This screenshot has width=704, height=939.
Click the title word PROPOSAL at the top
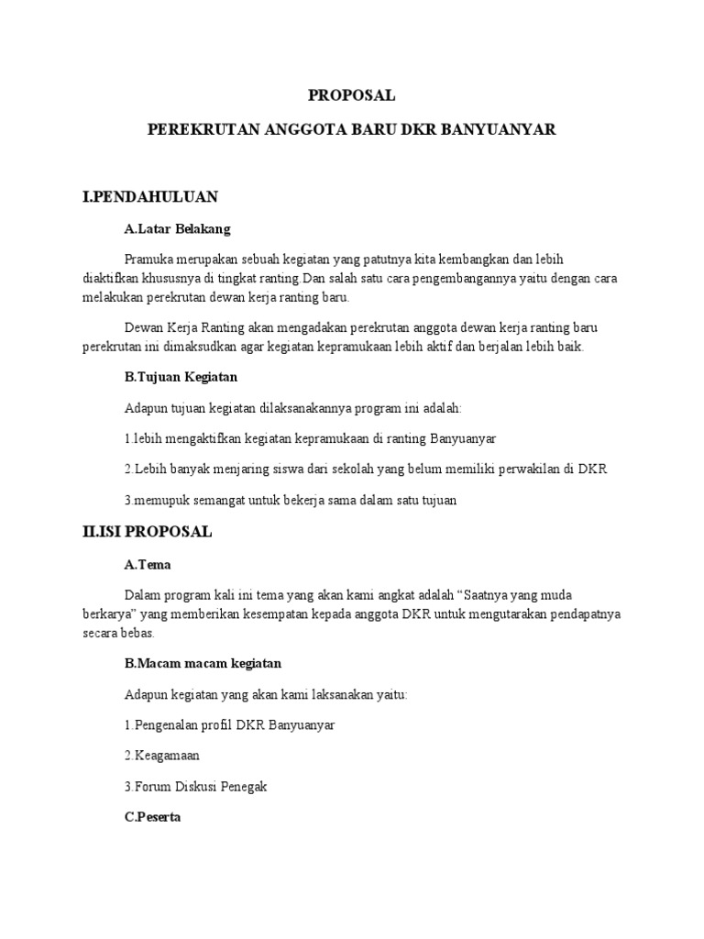click(x=351, y=95)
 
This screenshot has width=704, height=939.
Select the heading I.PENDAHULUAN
click(x=149, y=196)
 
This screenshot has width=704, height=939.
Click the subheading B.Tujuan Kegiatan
click(x=181, y=376)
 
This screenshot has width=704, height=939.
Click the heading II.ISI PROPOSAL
click(x=147, y=532)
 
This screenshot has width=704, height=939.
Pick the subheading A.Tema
click(x=148, y=564)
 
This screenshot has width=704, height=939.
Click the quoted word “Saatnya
click(x=478, y=595)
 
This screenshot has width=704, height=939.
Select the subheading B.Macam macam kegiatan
click(x=203, y=662)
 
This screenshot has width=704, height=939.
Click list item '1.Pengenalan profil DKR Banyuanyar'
click(x=229, y=724)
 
